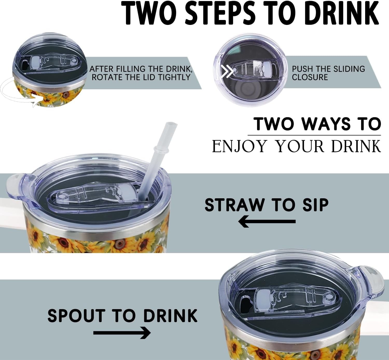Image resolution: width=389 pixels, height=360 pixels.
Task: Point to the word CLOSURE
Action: [x=310, y=77]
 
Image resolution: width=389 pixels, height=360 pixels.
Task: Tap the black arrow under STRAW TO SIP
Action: [x=267, y=221]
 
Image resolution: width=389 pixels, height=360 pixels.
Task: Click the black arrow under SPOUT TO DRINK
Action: [x=122, y=333]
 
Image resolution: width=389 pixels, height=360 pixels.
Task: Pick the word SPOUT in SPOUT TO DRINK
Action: [x=75, y=316]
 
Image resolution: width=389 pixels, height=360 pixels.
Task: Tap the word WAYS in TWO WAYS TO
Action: [x=325, y=124]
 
